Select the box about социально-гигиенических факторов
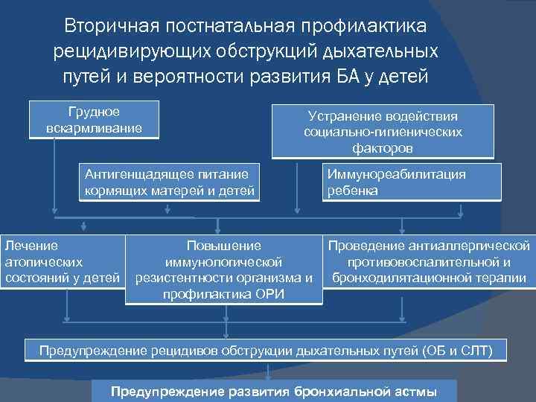click(383, 132)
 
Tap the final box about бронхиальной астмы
click(273, 392)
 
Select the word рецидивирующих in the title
click(134, 51)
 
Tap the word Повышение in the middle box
click(224, 245)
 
